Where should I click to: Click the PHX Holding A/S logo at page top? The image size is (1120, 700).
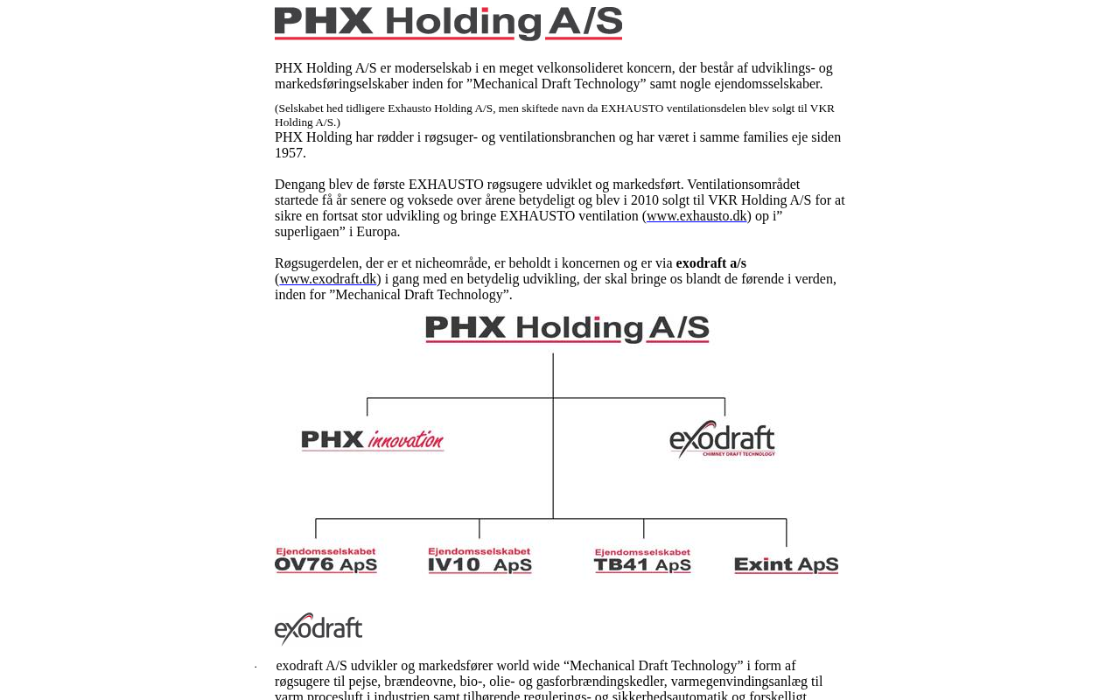point(448,23)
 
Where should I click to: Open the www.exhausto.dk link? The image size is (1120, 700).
point(696,216)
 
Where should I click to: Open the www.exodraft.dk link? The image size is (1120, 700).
point(328,279)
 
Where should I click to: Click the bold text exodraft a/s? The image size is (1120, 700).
point(710,263)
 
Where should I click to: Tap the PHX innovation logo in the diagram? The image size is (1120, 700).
point(373,440)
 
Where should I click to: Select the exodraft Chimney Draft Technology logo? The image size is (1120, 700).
point(723,439)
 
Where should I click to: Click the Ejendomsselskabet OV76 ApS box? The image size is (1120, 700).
point(325,561)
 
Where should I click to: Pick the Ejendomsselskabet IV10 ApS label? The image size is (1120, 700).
point(479,561)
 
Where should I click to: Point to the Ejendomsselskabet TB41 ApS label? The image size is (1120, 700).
point(642,561)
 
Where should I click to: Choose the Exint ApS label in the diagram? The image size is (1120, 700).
point(786,565)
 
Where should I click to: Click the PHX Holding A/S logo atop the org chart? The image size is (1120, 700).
point(567,329)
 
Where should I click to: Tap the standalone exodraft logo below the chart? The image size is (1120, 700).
point(318,629)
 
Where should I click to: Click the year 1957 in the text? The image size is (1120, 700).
point(289,153)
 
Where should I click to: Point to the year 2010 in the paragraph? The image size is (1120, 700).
point(644,200)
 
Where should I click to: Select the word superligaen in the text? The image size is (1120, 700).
point(309,232)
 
